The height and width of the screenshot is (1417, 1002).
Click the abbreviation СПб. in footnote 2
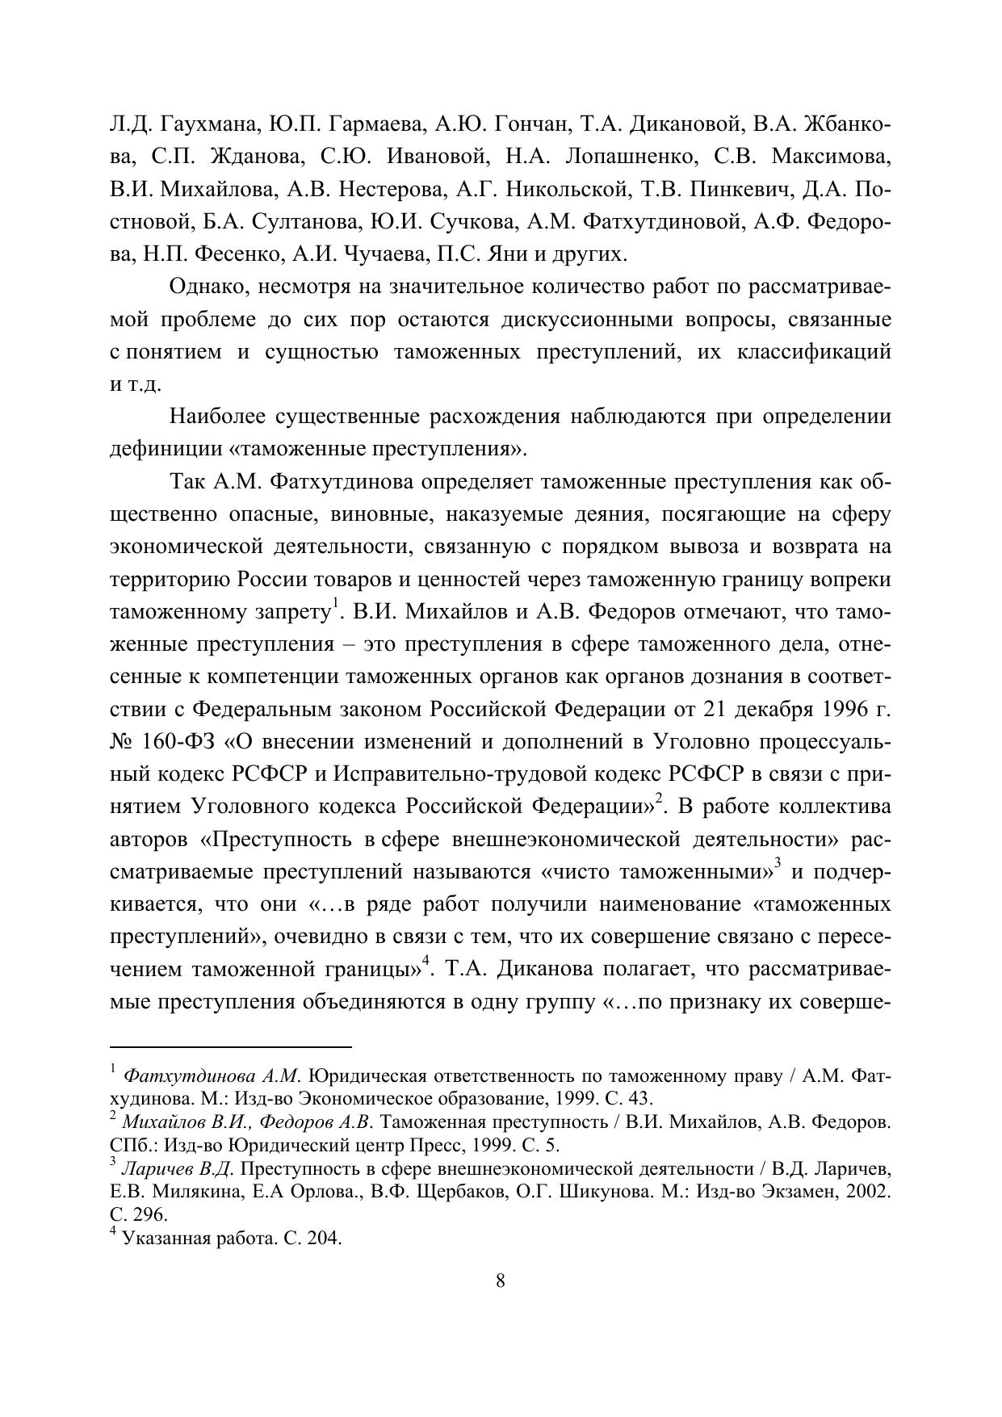pos(127,1145)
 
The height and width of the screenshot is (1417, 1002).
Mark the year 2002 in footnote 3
pos(870,1192)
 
